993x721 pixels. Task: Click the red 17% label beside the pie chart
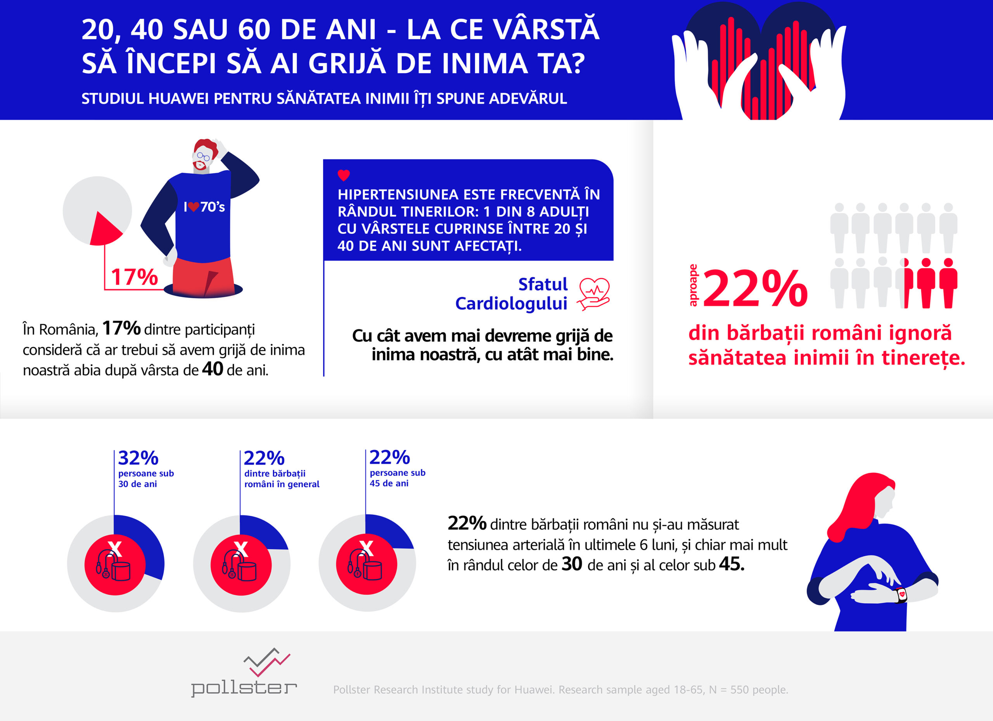pos(134,277)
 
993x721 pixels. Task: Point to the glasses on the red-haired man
pos(203,156)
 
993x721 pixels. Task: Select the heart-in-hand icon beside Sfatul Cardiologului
pos(594,294)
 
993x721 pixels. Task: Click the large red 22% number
pos(755,289)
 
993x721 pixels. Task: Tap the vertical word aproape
pos(693,285)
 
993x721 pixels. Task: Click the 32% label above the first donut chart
pos(138,458)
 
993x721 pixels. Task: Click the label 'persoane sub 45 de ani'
pos(397,478)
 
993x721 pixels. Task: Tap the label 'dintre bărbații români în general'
pos(282,479)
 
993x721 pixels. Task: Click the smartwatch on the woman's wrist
pos(901,595)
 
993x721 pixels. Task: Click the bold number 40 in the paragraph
pos(212,369)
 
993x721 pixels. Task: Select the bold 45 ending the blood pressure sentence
pos(731,564)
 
